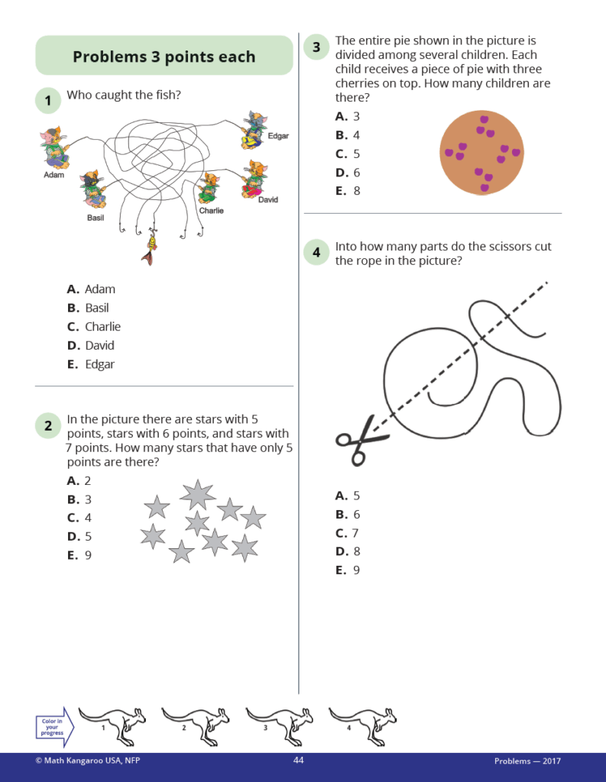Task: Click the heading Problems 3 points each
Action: (x=164, y=57)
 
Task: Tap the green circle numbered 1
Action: (x=47, y=100)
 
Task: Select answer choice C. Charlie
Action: (x=94, y=327)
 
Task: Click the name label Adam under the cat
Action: (x=53, y=175)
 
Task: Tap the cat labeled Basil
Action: (x=94, y=189)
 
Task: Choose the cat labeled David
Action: (x=255, y=179)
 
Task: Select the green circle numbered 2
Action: (x=47, y=426)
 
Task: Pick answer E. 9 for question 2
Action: (x=79, y=555)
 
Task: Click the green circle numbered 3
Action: (x=316, y=47)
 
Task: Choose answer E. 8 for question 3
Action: (x=348, y=191)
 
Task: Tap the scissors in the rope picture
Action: (x=361, y=441)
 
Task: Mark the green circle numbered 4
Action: (x=316, y=253)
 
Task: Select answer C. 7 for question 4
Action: (x=348, y=533)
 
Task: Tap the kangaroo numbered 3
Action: (x=278, y=723)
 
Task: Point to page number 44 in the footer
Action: (x=299, y=761)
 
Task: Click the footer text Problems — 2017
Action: (x=527, y=761)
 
